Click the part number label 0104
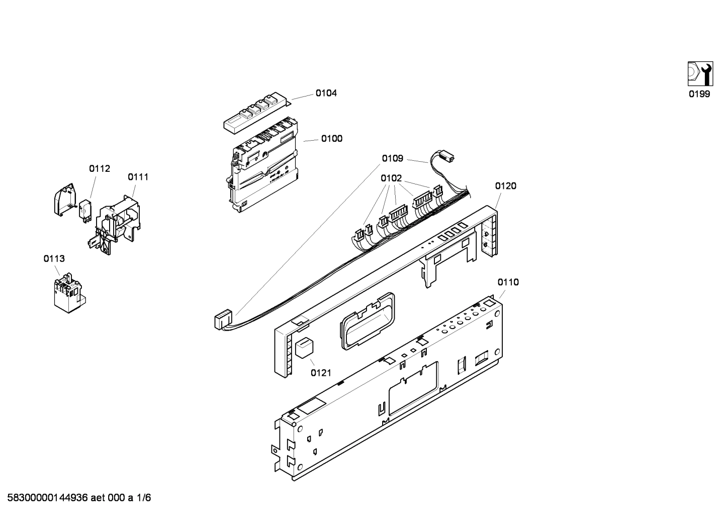tap(326, 93)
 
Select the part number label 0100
tap(332, 139)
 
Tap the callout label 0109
tap(392, 159)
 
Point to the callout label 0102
tap(391, 178)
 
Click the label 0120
tap(505, 186)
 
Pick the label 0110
tap(508, 282)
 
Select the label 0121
tap(321, 372)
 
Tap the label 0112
tap(100, 169)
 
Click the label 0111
tap(138, 177)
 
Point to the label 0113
tap(54, 259)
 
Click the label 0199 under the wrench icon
tap(699, 94)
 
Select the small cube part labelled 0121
tap(304, 348)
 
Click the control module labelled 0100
tap(262, 166)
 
